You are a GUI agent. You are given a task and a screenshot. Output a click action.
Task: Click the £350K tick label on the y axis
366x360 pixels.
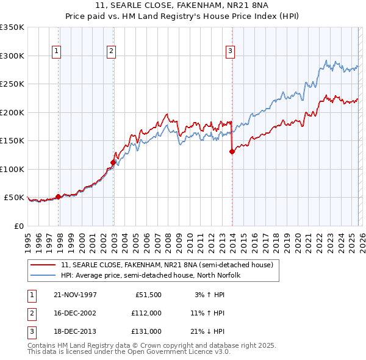coord(12,27)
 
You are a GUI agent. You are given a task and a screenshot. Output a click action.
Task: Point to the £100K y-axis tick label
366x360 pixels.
coord(12,169)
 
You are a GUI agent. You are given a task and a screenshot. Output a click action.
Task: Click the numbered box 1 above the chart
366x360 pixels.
coord(56,52)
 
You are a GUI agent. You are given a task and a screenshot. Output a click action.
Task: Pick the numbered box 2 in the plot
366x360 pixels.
coord(111,52)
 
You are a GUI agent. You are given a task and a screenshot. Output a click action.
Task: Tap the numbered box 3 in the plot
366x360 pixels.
coord(231,52)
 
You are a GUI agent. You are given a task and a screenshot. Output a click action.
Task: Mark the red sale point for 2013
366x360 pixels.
coord(232,152)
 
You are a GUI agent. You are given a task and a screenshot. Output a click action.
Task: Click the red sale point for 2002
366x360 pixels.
coord(113,162)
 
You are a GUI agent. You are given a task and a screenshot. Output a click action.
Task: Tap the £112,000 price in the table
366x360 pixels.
coord(146,313)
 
